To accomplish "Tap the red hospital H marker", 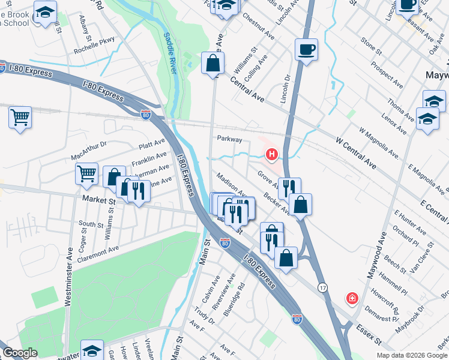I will click(x=271, y=155).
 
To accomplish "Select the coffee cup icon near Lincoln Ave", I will click(x=306, y=49).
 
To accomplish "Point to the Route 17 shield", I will click(x=322, y=287).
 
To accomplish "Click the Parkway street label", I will click(x=230, y=139).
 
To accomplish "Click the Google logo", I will click(x=21, y=353).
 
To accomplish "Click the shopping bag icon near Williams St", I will click(x=212, y=62).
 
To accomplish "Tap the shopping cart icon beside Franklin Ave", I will click(x=87, y=174).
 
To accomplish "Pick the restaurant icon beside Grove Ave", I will click(x=289, y=187).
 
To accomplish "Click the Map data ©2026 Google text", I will click(x=411, y=355).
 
